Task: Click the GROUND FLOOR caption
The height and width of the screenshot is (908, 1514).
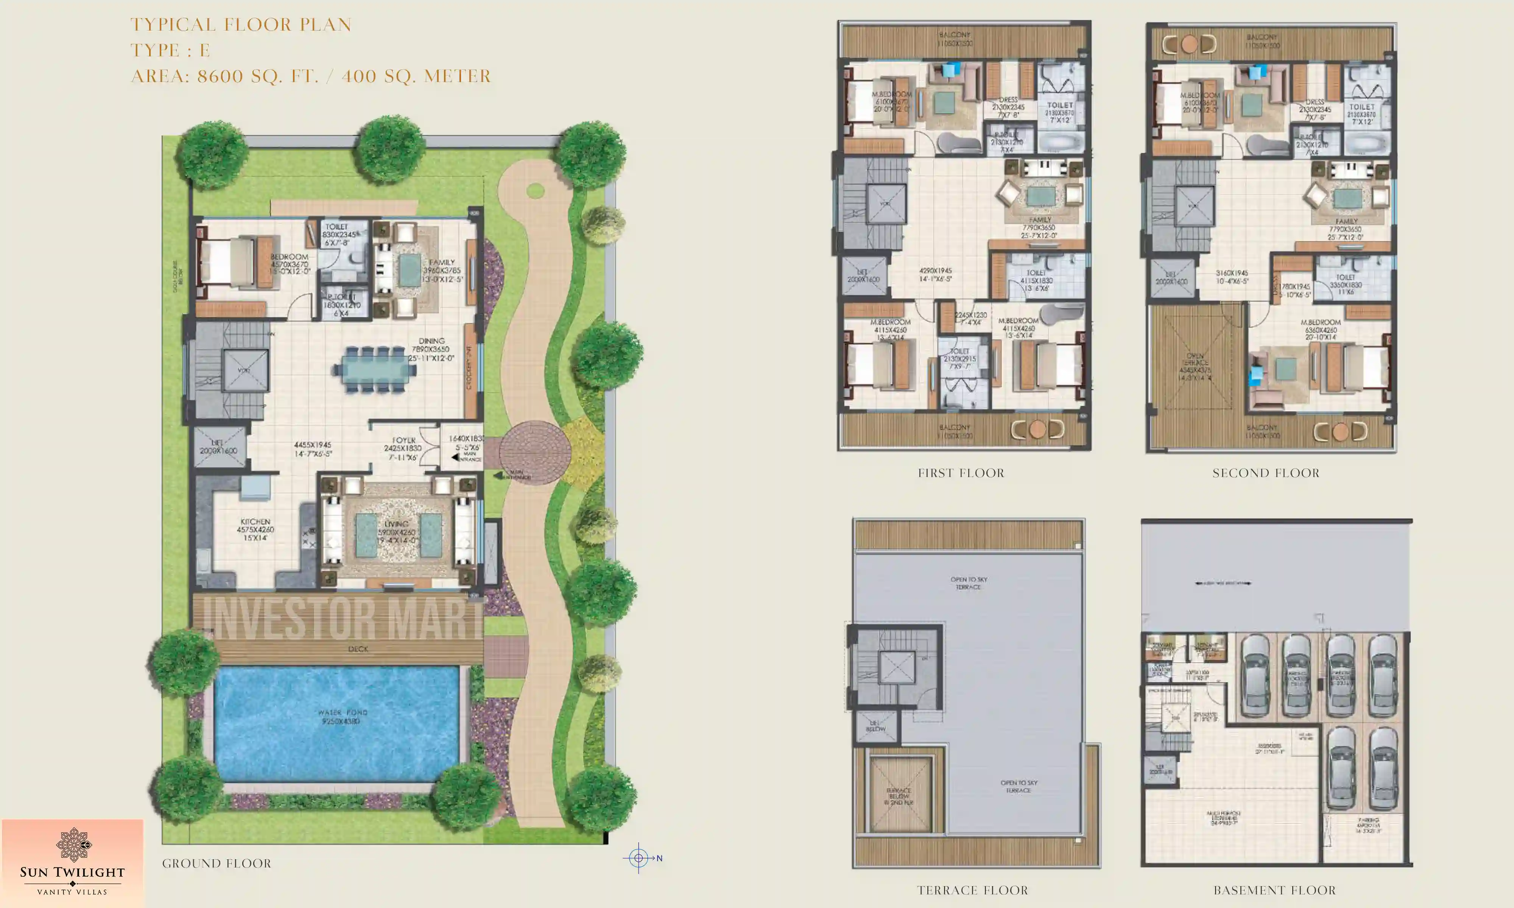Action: tap(216, 863)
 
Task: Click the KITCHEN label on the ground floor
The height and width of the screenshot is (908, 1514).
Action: tap(255, 522)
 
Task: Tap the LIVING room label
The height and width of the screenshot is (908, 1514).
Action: tap(397, 524)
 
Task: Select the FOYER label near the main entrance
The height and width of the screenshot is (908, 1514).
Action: tap(404, 440)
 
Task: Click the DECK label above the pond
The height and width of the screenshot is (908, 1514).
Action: tap(358, 648)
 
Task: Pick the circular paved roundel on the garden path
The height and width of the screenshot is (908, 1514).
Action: tap(534, 452)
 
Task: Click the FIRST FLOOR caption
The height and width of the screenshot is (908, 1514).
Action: tap(961, 473)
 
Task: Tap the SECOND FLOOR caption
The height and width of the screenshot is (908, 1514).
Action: tap(1266, 473)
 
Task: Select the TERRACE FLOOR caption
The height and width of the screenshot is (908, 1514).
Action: tap(972, 890)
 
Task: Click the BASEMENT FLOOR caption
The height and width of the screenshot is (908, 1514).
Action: tap(1275, 890)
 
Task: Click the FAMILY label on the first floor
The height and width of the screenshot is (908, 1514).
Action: tap(1040, 220)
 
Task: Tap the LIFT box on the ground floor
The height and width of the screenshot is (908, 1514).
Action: tap(218, 447)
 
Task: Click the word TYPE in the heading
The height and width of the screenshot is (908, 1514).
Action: tap(155, 50)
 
